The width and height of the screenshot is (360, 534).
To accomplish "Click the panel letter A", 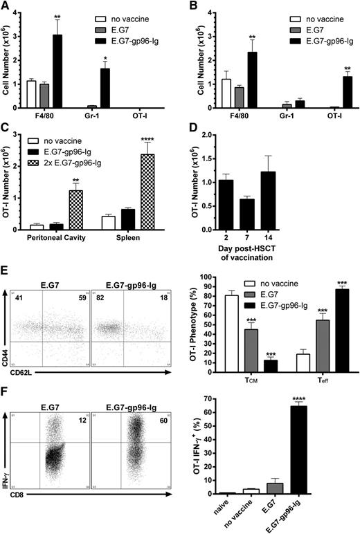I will pos(6,6).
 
